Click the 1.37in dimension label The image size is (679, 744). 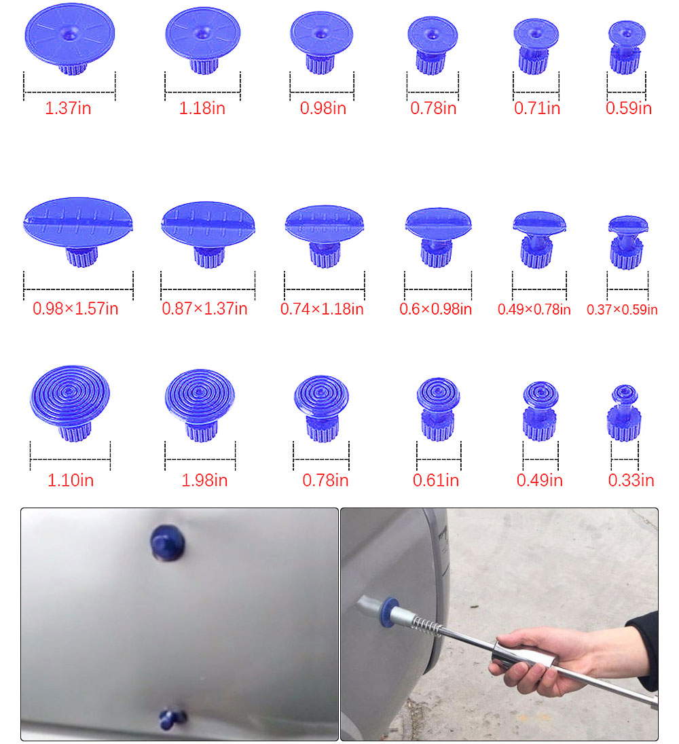[68, 108]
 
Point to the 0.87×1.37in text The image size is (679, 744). [204, 308]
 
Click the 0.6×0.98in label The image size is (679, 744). [436, 308]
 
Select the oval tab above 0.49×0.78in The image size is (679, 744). [538, 234]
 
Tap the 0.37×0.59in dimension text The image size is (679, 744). [622, 310]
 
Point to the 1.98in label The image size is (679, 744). [204, 480]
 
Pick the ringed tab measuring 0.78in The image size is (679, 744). [321, 404]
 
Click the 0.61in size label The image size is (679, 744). [436, 480]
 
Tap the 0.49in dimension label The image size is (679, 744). [540, 480]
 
